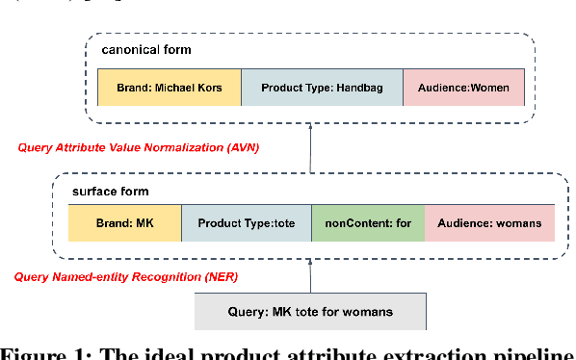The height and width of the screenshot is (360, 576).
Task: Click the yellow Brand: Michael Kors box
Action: click(169, 88)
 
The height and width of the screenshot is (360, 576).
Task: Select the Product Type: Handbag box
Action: click(322, 88)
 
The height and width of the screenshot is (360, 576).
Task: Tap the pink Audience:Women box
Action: click(463, 88)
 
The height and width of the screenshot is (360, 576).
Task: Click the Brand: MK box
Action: click(124, 223)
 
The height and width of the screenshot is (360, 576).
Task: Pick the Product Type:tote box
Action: click(246, 223)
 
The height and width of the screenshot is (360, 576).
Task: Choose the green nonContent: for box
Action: click(367, 223)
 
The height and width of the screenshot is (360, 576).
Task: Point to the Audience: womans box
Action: click(489, 223)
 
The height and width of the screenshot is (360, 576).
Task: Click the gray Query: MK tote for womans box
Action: click(308, 312)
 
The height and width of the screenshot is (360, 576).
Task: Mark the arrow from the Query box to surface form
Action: click(310, 276)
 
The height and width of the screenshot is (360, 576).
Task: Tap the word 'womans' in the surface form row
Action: click(520, 223)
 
